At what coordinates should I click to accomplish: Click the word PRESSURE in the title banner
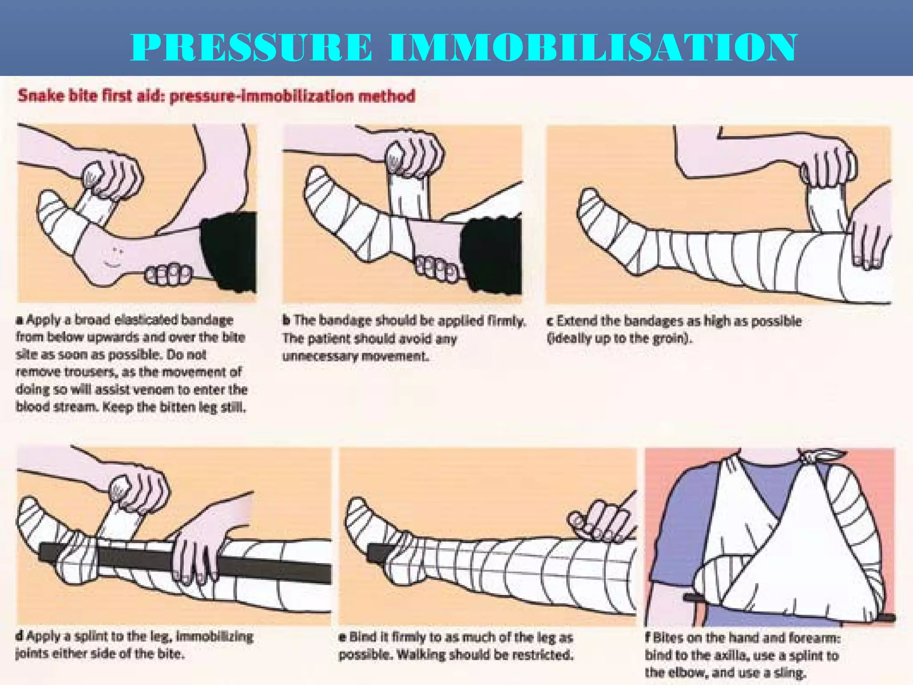pos(251,47)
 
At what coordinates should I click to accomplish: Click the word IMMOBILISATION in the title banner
pos(592,47)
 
